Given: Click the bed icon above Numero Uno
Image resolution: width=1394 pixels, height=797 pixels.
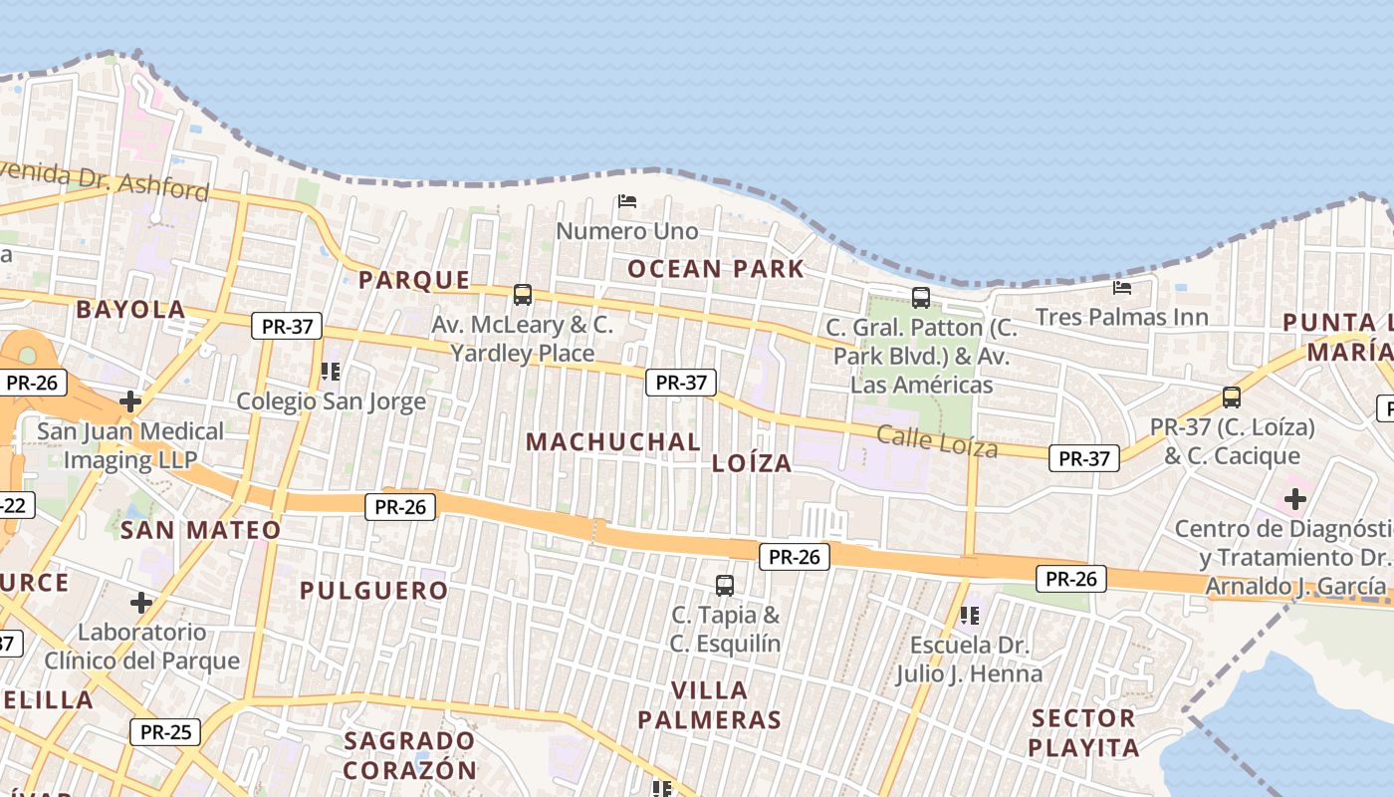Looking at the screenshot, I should (x=626, y=201).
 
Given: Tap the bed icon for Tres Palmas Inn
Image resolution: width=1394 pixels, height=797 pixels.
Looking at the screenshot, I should (x=1122, y=288).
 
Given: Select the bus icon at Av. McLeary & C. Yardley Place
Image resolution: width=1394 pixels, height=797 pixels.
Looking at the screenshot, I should (x=523, y=295).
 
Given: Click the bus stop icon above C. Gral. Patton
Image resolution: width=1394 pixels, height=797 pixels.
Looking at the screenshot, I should (x=921, y=297).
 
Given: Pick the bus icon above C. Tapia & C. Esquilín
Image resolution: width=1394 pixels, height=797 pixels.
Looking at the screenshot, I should (x=725, y=586).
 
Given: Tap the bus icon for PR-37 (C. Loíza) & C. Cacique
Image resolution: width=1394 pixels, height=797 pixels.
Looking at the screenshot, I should (x=1232, y=398).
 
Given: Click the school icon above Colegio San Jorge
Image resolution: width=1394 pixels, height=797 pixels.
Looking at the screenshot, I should (x=331, y=372).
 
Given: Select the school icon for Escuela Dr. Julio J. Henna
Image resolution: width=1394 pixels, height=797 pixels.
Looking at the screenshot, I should (x=969, y=616).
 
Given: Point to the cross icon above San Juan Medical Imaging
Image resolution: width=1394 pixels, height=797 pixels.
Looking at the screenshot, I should (x=129, y=401).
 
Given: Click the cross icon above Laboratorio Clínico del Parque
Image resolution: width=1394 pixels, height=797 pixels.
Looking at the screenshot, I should (x=141, y=603).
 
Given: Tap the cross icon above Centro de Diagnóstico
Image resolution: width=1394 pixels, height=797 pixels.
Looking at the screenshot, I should (x=1294, y=498).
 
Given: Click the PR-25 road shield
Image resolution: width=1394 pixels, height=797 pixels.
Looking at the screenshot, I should (x=165, y=732).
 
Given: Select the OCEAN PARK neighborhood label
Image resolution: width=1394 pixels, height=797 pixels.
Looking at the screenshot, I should (x=715, y=268).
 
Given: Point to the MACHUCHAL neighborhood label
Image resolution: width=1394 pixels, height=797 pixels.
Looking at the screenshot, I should (x=612, y=441).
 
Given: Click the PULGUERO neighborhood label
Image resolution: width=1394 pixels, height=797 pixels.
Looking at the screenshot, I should (x=373, y=590).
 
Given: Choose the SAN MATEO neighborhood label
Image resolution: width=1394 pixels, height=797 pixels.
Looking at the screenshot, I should (x=200, y=530).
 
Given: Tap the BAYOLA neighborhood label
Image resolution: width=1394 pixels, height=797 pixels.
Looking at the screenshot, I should (x=130, y=309).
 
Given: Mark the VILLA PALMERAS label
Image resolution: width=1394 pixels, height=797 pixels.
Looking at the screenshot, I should (x=709, y=704).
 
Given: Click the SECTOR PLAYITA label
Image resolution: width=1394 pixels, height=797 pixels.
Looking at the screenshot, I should (x=1083, y=732).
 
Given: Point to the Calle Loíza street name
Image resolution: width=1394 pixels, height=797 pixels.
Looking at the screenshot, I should (x=936, y=440).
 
